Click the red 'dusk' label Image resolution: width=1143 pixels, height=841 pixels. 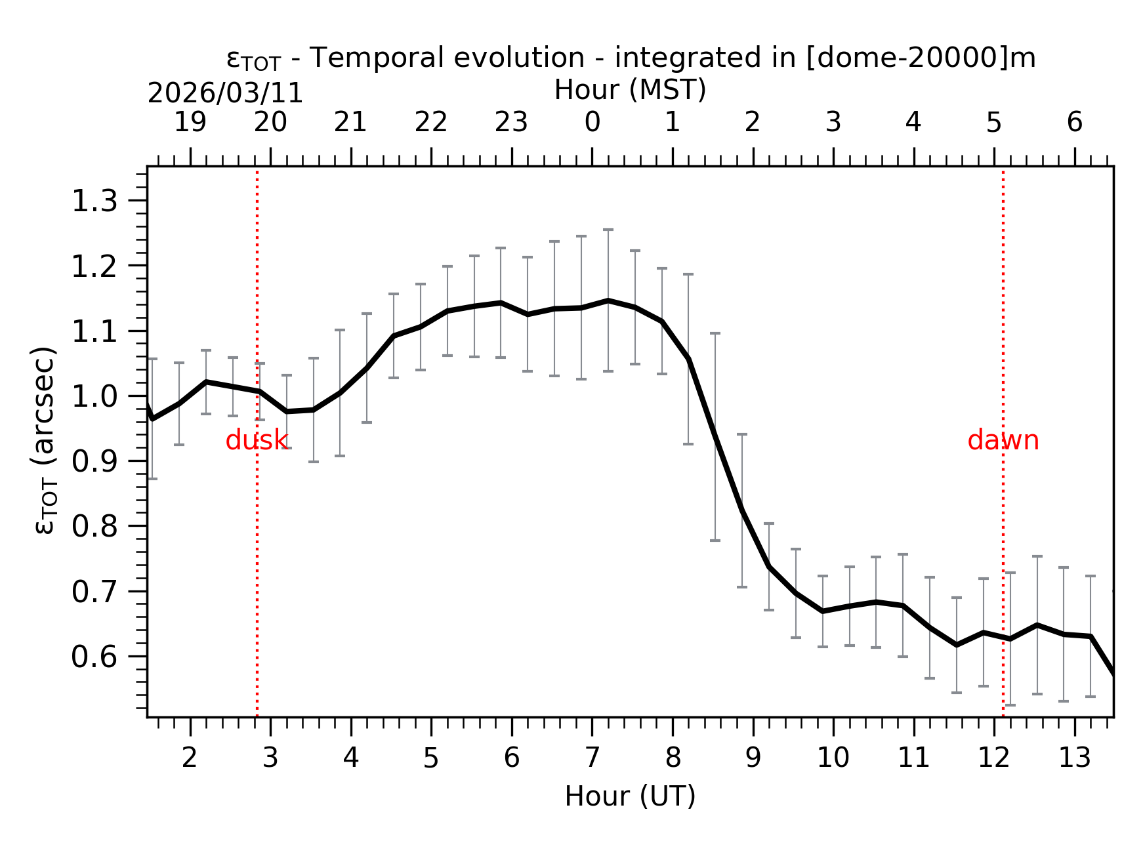[257, 440]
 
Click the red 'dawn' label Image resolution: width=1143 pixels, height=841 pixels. [1003, 440]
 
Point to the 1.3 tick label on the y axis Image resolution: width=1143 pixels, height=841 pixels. [94, 201]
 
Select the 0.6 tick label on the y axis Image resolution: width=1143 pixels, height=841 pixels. [94, 657]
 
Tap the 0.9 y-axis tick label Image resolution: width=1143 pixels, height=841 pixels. [94, 461]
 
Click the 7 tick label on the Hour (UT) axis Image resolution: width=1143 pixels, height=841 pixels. [592, 758]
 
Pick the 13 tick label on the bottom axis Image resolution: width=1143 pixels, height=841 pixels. [1075, 758]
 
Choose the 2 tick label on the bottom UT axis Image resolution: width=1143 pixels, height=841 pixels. [190, 758]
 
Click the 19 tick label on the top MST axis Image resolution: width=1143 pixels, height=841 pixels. [190, 123]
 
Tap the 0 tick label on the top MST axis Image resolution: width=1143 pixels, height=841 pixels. [592, 123]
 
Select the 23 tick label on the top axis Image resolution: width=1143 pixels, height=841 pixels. [511, 123]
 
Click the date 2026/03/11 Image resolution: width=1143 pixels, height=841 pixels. [225, 94]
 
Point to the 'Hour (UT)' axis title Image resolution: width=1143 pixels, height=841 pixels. [630, 796]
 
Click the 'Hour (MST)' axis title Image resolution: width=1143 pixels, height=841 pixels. [630, 90]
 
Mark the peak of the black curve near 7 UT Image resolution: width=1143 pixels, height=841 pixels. [608, 300]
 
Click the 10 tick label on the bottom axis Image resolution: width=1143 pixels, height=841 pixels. [833, 758]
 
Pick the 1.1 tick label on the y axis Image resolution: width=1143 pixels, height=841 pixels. [94, 331]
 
